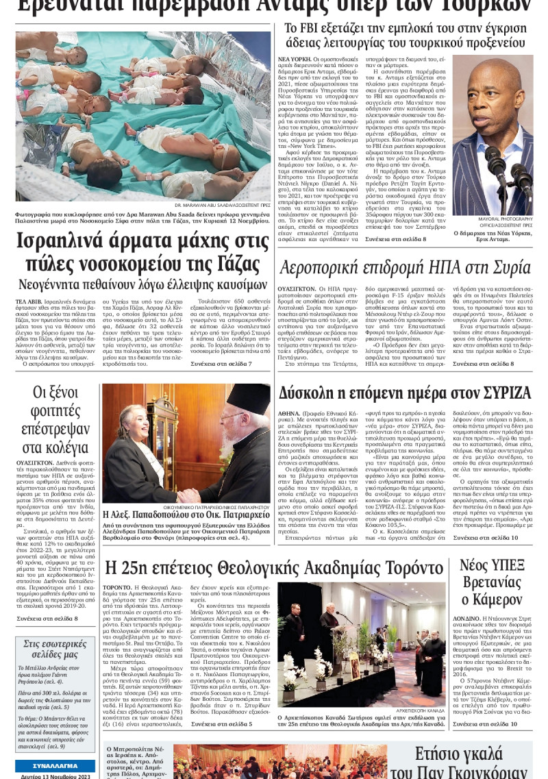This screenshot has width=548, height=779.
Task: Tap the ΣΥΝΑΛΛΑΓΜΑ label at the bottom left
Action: pos(55,765)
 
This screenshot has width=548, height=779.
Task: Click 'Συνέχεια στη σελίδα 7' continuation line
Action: pos(221,364)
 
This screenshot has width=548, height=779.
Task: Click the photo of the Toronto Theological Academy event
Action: pos(361,644)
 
